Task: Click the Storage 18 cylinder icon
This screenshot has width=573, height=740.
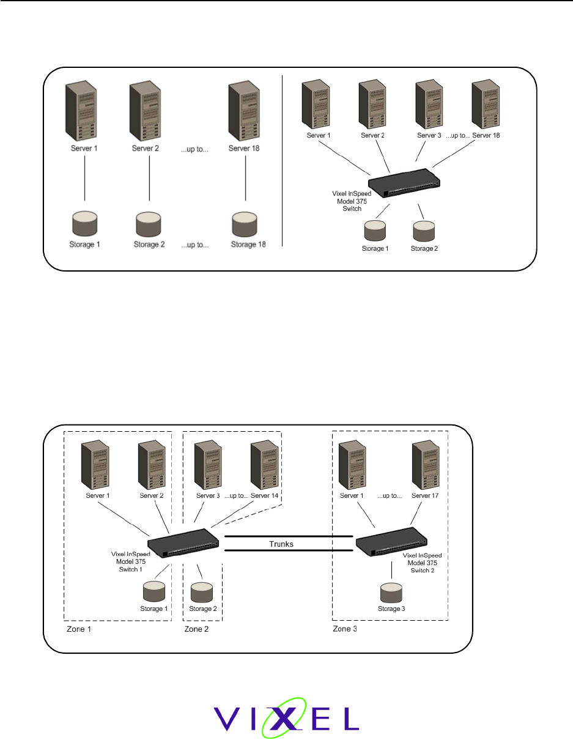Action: (x=245, y=225)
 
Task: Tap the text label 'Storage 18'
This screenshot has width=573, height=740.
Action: (x=247, y=245)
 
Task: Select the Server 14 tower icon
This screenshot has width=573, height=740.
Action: (x=264, y=464)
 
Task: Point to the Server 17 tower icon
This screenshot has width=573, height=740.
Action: (x=425, y=464)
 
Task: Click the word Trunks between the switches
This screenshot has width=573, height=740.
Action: (x=282, y=544)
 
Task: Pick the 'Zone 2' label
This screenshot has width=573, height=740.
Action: (x=197, y=630)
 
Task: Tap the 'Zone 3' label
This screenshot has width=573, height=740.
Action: (x=345, y=629)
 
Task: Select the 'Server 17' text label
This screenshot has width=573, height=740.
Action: (x=426, y=495)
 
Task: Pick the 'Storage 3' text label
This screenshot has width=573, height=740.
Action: (x=391, y=609)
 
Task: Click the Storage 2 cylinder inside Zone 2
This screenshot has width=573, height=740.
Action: (x=201, y=591)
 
